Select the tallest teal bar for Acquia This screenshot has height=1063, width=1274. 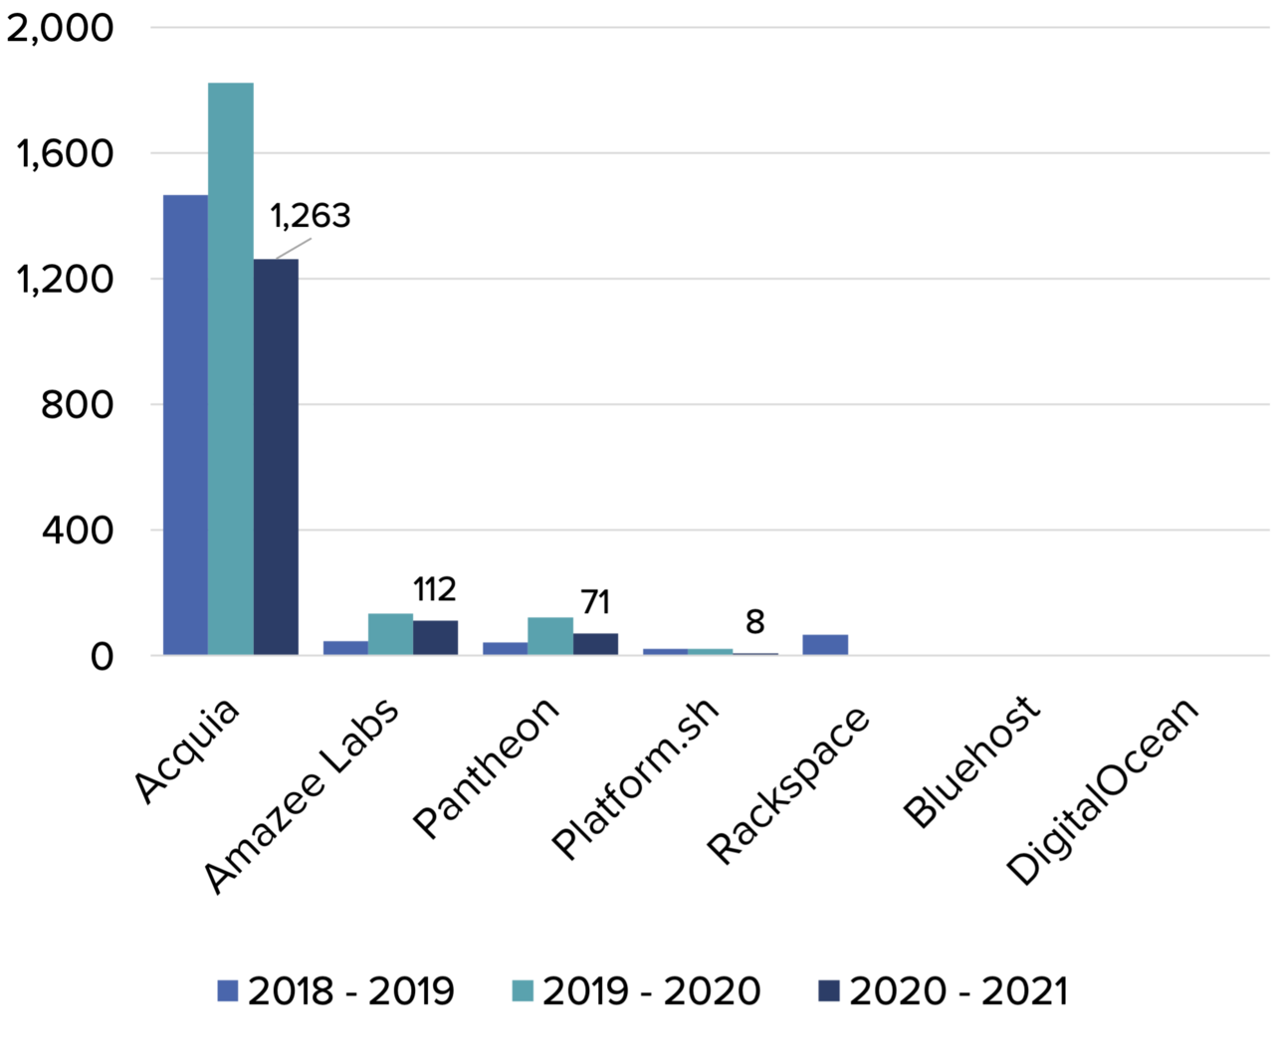point(231,369)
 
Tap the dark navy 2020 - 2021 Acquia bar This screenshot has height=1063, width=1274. point(276,457)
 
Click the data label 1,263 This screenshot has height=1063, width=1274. point(311,216)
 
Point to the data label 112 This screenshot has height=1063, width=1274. point(434,590)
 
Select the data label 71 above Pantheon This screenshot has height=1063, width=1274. point(595,602)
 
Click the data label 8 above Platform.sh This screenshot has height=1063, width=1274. point(755,622)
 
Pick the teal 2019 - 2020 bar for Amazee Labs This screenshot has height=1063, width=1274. point(390,635)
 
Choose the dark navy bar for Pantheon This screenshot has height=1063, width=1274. point(595,644)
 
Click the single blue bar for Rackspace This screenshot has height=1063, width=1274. point(825,645)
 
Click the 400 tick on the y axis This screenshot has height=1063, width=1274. point(78,531)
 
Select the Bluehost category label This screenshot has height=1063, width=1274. point(971,762)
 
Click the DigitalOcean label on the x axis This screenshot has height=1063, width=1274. point(1102,790)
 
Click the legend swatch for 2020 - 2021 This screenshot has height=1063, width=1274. point(828,991)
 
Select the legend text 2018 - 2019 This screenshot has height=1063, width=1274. point(350,991)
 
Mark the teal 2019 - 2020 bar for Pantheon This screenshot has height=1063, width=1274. point(550,637)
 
